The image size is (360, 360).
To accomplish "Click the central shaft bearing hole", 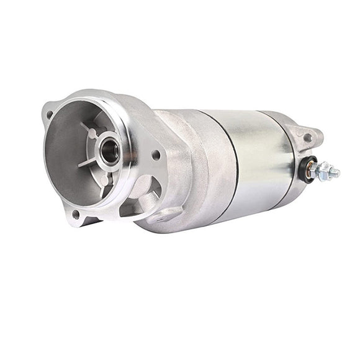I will (x=110, y=152).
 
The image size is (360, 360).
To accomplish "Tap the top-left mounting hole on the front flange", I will (x=49, y=114).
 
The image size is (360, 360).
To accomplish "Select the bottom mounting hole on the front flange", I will (x=76, y=214).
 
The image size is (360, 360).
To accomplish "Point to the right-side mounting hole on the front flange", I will (x=156, y=155).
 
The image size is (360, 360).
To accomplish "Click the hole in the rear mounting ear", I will (x=307, y=137).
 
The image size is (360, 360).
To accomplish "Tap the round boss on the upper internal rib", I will (x=92, y=133).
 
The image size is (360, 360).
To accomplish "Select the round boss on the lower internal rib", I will (x=104, y=181).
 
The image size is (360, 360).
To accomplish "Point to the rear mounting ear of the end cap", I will (x=309, y=135).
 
